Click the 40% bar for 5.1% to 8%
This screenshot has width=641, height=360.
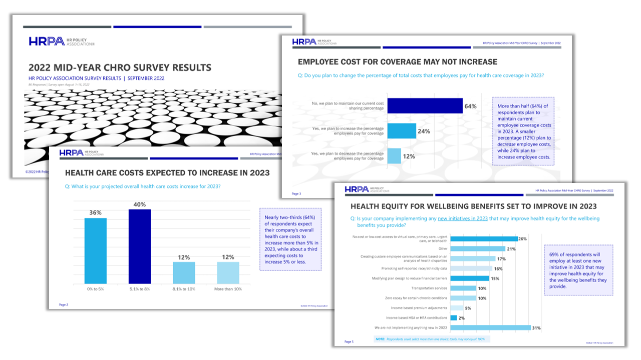(140, 246)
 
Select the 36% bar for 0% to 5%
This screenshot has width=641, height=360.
(95, 251)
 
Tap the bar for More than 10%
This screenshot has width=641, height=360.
(228, 273)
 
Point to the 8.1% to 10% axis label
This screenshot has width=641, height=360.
(184, 289)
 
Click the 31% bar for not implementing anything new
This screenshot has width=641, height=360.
(491, 328)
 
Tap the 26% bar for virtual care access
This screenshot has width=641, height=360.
(484, 239)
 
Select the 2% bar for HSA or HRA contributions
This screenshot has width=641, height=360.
(454, 318)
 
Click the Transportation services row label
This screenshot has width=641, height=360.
(429, 288)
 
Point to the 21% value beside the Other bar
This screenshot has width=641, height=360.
(511, 249)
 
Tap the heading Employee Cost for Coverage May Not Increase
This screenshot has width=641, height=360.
(397, 62)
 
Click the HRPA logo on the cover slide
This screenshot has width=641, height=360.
(47, 41)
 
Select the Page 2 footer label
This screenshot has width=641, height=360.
(64, 304)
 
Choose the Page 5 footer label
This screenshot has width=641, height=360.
(349, 341)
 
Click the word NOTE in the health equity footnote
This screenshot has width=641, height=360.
(380, 339)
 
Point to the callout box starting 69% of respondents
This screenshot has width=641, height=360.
(578, 270)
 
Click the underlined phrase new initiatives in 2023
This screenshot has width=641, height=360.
(463, 218)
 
